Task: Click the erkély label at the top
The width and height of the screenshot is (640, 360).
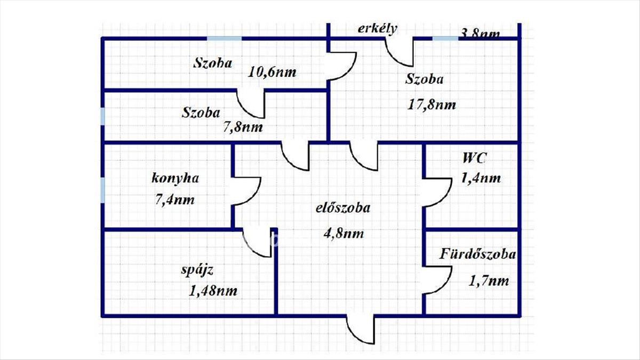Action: [377, 29]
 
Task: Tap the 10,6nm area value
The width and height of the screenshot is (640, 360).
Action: [273, 72]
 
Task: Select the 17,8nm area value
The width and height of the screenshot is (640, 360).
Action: [432, 105]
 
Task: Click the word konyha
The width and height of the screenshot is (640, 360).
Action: [175, 178]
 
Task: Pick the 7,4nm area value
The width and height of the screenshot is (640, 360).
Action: [173, 200]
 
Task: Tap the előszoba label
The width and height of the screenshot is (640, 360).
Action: [342, 209]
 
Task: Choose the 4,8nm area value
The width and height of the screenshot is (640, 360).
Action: [343, 233]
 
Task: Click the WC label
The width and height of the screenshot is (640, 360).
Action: [475, 158]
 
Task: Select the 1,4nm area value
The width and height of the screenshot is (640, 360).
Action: [481, 178]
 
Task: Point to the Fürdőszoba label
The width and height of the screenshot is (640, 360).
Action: [478, 254]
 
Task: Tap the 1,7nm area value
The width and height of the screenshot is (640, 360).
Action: [489, 280]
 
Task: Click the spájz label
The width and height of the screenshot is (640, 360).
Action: [197, 270]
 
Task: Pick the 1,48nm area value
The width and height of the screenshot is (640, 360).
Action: [213, 291]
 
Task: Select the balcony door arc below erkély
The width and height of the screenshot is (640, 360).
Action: [400, 52]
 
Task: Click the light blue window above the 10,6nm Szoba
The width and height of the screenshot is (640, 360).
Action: [224, 38]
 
